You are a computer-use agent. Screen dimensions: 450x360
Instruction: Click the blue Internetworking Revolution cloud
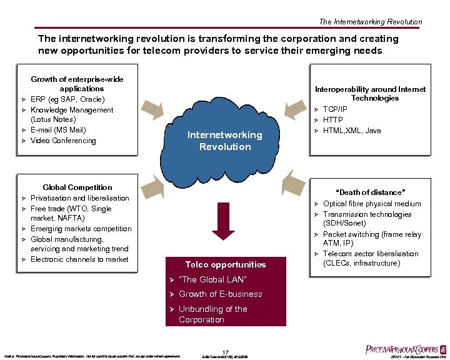point(225,141)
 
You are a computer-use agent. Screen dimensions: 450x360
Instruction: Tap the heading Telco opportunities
point(225,264)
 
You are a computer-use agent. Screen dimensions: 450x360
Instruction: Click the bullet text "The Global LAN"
point(212,279)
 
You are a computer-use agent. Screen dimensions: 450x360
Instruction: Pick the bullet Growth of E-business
point(221,294)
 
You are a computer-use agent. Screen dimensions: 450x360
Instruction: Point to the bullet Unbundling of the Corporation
point(212,314)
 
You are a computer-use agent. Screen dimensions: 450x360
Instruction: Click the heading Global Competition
point(77,187)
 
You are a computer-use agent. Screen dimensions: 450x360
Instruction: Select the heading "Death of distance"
point(371,192)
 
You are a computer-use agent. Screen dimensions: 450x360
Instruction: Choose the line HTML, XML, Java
point(352,131)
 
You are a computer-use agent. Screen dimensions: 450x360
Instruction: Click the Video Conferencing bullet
point(63,141)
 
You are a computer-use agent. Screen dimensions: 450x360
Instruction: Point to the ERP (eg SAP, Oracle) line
point(67,99)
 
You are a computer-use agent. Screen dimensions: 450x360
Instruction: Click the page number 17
point(226,351)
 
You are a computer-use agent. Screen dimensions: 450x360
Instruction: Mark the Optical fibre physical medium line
point(372,204)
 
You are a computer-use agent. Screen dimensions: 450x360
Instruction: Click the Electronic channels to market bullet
point(79,259)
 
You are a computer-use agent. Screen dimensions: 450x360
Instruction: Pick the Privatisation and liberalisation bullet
point(80,198)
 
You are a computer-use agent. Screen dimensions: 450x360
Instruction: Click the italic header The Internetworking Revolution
point(370,22)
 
